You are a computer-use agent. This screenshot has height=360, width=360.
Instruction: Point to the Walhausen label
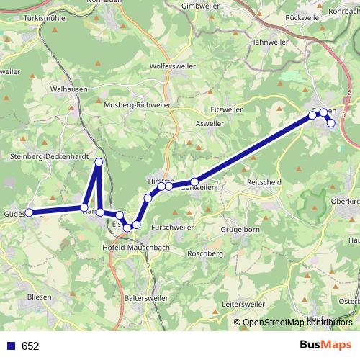click(x=70, y=90)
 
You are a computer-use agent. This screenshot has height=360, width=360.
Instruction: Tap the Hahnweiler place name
click(x=268, y=42)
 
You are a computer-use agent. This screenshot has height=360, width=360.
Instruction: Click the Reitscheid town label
click(x=264, y=184)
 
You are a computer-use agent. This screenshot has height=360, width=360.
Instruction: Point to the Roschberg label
click(x=204, y=254)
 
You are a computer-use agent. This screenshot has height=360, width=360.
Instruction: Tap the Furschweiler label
click(x=170, y=227)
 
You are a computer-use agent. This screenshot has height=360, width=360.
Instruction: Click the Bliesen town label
click(x=38, y=296)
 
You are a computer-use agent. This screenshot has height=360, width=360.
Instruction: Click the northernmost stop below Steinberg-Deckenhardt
click(x=99, y=161)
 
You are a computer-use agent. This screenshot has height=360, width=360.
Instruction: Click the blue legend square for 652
click(x=11, y=346)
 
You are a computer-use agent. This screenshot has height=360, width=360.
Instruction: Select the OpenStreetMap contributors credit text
click(x=297, y=323)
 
